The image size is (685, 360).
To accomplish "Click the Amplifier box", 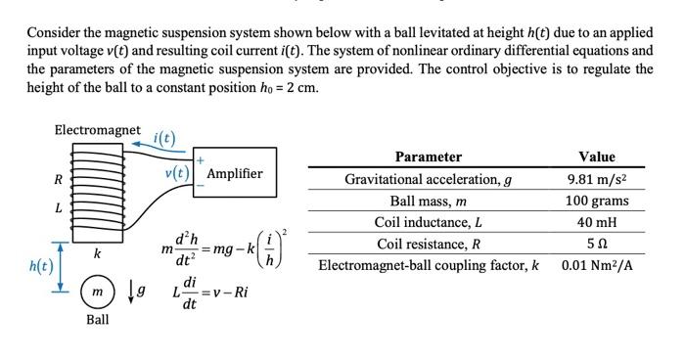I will pyautogui.click(x=235, y=173).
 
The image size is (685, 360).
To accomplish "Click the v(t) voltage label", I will pyautogui.click(x=178, y=173).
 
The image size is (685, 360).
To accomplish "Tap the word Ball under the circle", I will pyautogui.click(x=97, y=320).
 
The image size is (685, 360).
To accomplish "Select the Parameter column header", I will pyautogui.click(x=428, y=157).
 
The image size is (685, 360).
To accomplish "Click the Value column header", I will pyautogui.click(x=597, y=157).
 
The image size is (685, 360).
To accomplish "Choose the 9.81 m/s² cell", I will pyautogui.click(x=597, y=179).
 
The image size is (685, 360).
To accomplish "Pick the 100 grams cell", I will pyautogui.click(x=597, y=201).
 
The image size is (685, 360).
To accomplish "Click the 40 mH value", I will pyautogui.click(x=597, y=222).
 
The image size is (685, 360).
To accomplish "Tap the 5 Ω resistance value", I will pyautogui.click(x=597, y=244).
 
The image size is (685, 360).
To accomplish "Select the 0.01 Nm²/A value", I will pyautogui.click(x=597, y=265).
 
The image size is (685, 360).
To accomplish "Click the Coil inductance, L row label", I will pyautogui.click(x=428, y=222).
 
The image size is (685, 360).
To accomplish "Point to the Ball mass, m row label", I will pyautogui.click(x=428, y=201).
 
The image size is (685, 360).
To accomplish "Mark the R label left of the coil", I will pyautogui.click(x=58, y=179).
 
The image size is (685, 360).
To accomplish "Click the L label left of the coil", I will pyautogui.click(x=58, y=207).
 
